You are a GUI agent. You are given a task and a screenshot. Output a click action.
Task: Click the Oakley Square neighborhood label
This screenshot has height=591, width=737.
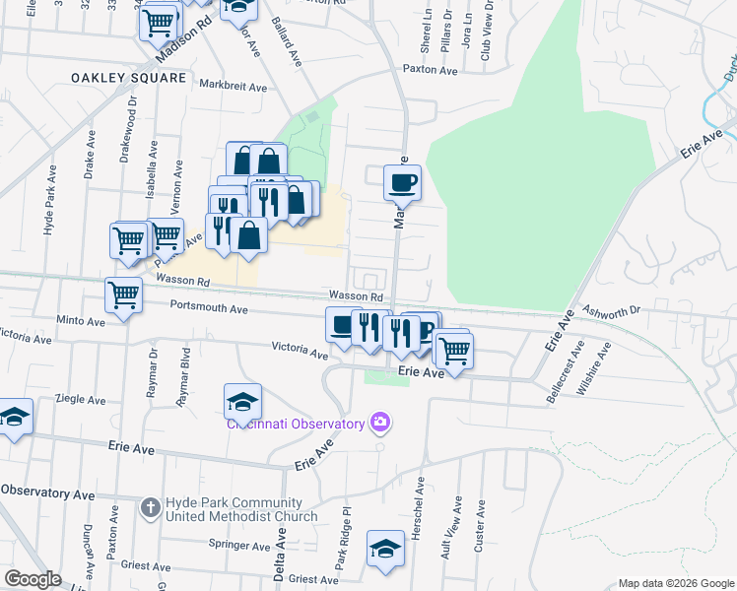pyautogui.click(x=128, y=77)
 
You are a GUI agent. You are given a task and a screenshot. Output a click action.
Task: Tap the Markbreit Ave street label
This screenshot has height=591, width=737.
pyautogui.click(x=234, y=86)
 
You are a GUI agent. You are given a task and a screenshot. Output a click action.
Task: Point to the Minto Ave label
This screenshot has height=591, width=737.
pyautogui.click(x=81, y=321)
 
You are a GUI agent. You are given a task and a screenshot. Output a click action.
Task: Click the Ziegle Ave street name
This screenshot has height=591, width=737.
pyautogui.click(x=82, y=401)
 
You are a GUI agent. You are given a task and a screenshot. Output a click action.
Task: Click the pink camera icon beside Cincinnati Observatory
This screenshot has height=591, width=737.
pyautogui.click(x=379, y=424)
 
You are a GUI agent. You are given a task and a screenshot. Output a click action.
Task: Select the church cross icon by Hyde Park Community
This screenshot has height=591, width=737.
pyautogui.click(x=150, y=508)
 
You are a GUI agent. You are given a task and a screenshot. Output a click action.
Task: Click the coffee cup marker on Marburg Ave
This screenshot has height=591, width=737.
pyautogui.click(x=402, y=183)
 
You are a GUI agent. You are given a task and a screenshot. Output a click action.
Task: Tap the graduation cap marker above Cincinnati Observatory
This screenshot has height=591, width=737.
pyautogui.click(x=242, y=402)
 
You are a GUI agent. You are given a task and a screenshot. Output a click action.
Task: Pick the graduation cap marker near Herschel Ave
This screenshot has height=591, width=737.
pyautogui.click(x=385, y=549)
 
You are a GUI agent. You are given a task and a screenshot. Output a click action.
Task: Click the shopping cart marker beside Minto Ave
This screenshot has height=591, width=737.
pyautogui.click(x=123, y=295)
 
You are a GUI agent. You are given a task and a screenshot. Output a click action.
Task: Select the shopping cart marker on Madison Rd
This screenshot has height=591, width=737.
pyautogui.click(x=158, y=22)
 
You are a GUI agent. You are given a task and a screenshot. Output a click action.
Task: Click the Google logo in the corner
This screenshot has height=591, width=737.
pyautogui.click(x=33, y=579)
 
